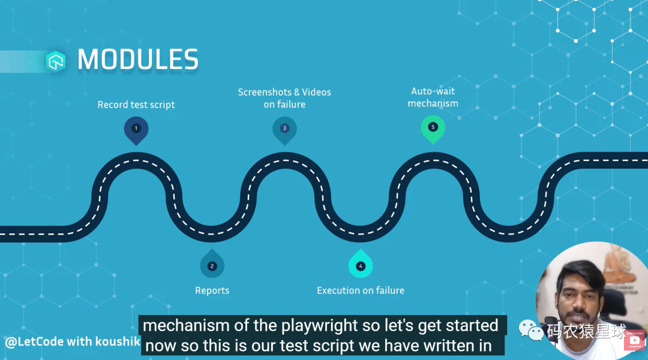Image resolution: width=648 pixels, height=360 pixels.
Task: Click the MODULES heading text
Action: click(138, 59)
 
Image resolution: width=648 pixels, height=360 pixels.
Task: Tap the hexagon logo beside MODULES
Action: click(56, 60)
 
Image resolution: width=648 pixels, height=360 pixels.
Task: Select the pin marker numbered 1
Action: click(136, 128)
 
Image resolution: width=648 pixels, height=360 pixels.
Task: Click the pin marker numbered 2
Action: click(212, 265)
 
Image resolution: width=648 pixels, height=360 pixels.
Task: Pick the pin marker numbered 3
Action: click(284, 128)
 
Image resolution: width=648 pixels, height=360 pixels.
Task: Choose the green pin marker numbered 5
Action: click(433, 128)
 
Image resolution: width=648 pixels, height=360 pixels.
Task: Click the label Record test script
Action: click(136, 105)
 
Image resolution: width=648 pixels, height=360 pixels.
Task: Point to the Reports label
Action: click(212, 290)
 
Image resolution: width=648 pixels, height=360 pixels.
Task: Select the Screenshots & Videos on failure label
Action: click(284, 98)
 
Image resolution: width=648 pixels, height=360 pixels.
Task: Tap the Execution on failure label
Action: click(361, 290)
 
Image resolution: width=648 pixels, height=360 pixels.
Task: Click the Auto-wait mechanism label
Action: click(433, 97)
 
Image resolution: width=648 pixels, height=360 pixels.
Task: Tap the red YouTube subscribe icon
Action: click(634, 341)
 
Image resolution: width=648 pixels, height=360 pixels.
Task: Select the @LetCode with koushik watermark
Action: click(73, 342)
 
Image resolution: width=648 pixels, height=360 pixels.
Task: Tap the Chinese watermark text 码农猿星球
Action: click(586, 331)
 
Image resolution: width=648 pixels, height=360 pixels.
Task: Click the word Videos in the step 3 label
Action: click(316, 92)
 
